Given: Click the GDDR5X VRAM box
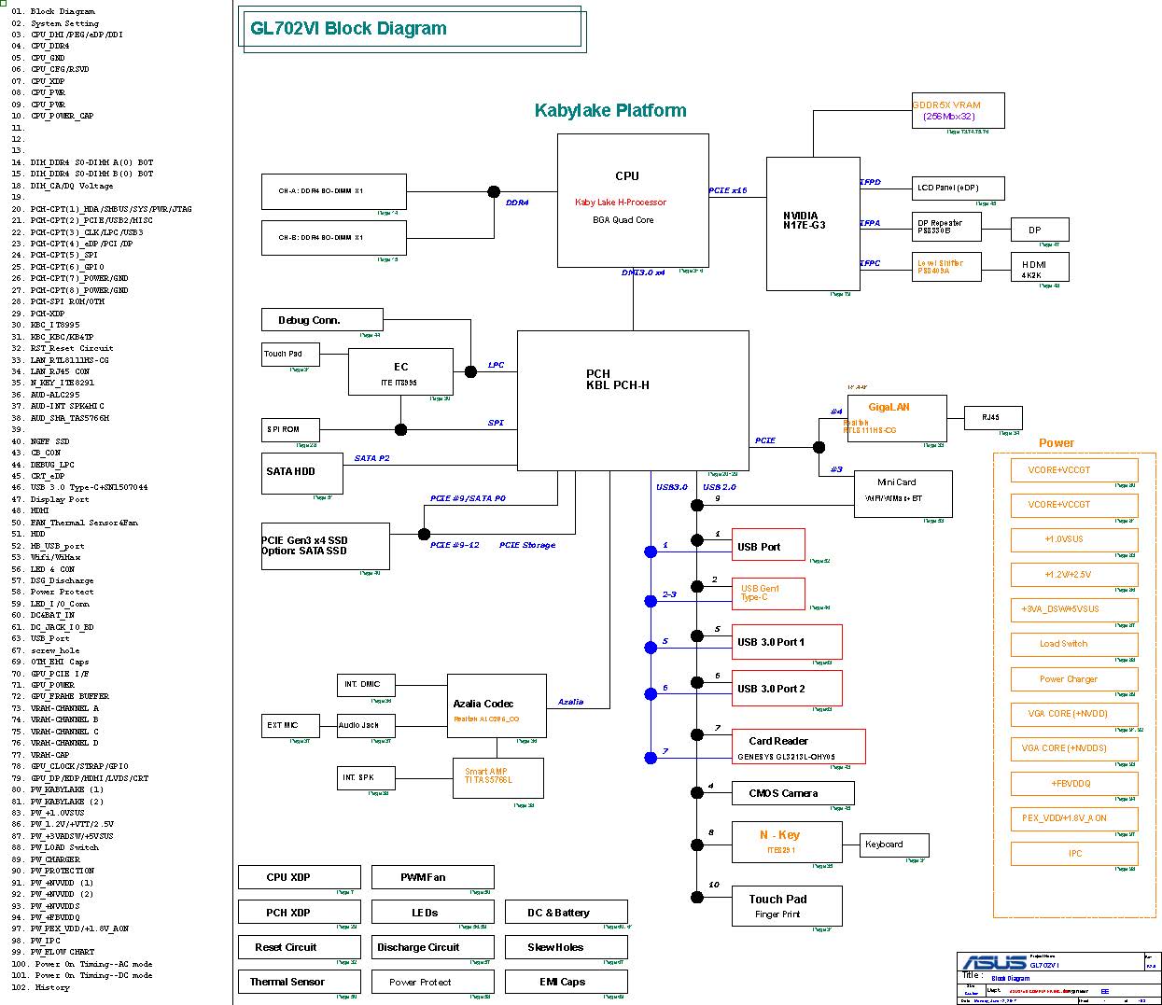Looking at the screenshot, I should (959, 111).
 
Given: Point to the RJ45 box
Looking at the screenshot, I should (992, 418).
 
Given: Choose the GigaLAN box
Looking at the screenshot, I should (894, 418).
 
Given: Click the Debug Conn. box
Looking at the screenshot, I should (322, 320).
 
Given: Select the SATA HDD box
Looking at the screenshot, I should (302, 472).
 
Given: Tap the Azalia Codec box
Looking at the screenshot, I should (497, 705).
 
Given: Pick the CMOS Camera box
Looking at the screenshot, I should (792, 793).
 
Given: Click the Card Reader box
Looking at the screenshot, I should (798, 747).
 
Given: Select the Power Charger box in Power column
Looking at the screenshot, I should (1074, 679).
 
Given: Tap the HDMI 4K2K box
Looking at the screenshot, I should (1039, 268).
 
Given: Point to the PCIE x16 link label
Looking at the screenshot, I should (728, 190).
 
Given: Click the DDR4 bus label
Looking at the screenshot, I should (517, 202).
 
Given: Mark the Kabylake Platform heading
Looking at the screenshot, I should (610, 110).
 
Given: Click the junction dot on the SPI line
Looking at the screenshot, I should (400, 429).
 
